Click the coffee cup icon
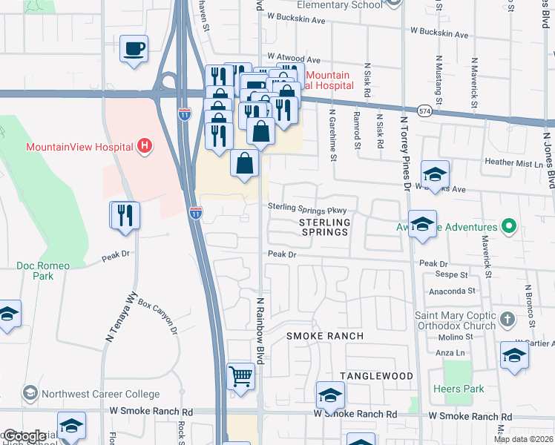tap(134, 49)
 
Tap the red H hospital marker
tap(145, 147)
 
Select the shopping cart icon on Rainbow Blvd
tap(240, 376)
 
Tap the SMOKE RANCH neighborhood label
tap(325, 336)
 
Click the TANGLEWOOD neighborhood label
tap(376, 376)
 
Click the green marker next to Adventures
tap(508, 226)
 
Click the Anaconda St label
tap(443, 291)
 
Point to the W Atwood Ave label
tap(294, 58)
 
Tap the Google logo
tap(24, 436)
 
